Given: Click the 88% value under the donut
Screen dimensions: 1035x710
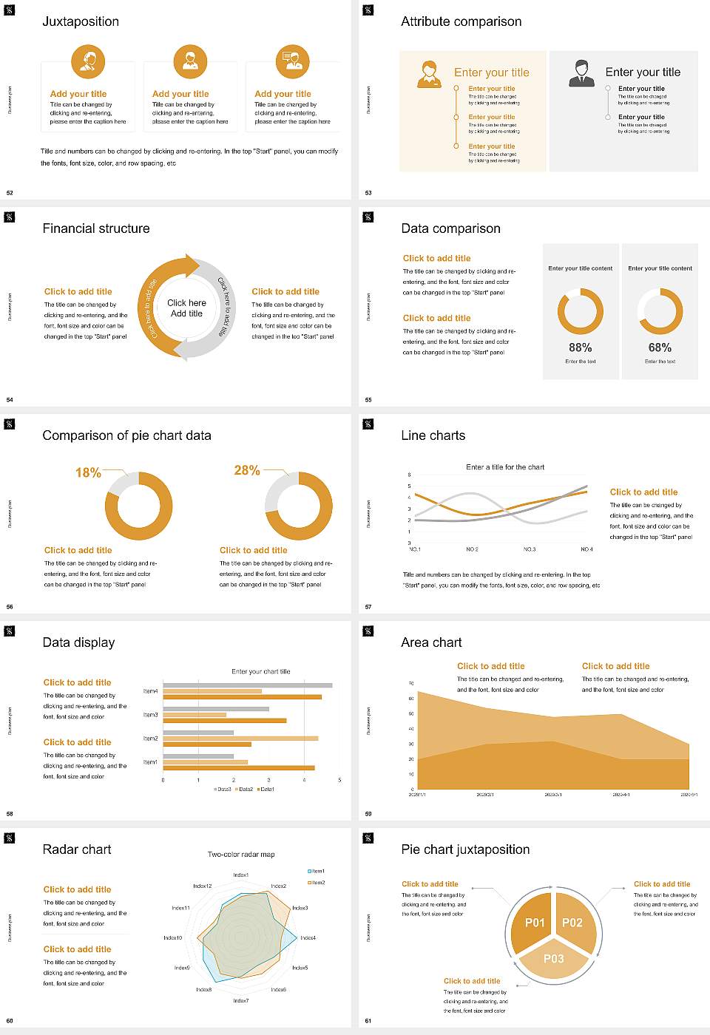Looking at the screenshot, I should click(580, 347).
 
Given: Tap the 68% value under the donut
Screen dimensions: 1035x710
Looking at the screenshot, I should click(660, 347).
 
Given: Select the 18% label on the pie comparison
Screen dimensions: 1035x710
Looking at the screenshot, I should click(88, 472).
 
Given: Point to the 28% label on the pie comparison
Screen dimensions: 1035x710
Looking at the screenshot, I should click(246, 470).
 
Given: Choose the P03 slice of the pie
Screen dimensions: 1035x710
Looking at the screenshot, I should click(553, 959).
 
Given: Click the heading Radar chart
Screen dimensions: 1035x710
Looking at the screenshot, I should click(77, 849).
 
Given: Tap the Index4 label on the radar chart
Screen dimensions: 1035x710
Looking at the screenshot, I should click(308, 937).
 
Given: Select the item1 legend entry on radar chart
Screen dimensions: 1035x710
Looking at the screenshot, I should click(316, 871).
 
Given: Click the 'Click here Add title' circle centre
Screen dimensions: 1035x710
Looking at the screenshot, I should click(186, 308).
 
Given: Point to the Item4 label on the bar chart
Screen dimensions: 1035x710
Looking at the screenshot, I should click(150, 691).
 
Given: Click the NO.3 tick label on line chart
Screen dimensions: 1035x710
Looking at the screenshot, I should click(530, 549).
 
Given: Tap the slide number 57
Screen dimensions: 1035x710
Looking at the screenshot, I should click(368, 607).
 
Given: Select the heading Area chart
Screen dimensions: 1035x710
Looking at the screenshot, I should click(431, 642).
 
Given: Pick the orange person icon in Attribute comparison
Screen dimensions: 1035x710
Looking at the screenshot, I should click(429, 75).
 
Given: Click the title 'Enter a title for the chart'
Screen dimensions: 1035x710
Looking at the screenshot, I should click(505, 467).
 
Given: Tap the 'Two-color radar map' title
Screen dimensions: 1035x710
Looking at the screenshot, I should click(241, 854).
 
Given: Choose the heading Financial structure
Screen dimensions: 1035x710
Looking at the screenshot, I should click(96, 228).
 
